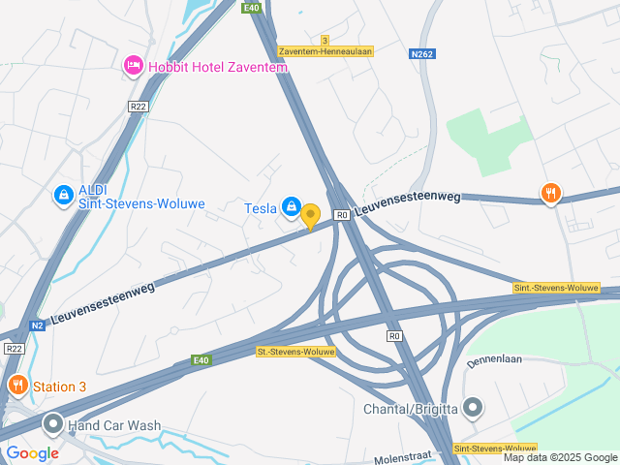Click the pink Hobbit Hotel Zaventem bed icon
133,66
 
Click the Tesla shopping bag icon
291,206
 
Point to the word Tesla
261,206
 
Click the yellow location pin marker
310,215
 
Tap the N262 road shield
421,54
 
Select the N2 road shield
37,325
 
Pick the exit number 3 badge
325,40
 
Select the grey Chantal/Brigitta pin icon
473,408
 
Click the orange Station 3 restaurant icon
17,387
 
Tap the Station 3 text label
60,387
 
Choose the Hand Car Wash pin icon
52,424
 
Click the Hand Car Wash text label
116,425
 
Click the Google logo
33,452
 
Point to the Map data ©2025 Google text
560,457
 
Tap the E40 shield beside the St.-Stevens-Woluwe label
200,361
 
